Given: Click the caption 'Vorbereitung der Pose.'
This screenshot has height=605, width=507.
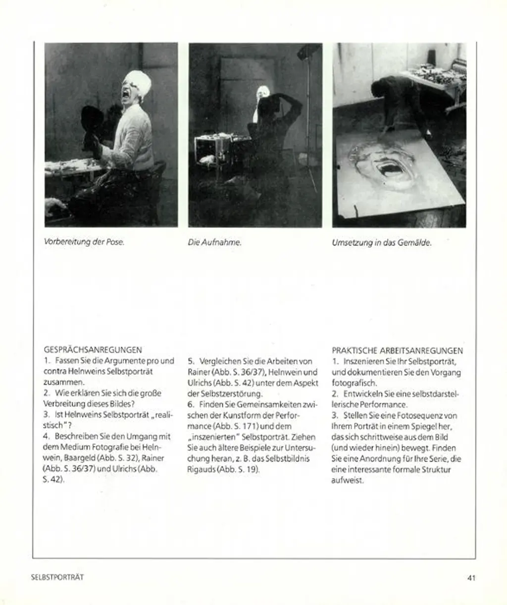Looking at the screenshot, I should click(x=84, y=242).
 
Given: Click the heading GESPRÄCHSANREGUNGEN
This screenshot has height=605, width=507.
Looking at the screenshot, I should click(x=93, y=350).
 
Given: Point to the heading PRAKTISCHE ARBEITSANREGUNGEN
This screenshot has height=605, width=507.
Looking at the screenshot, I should click(x=398, y=350).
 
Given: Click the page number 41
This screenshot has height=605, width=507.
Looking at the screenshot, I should click(x=471, y=577).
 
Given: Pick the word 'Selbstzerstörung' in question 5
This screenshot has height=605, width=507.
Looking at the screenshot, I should click(x=233, y=394).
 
